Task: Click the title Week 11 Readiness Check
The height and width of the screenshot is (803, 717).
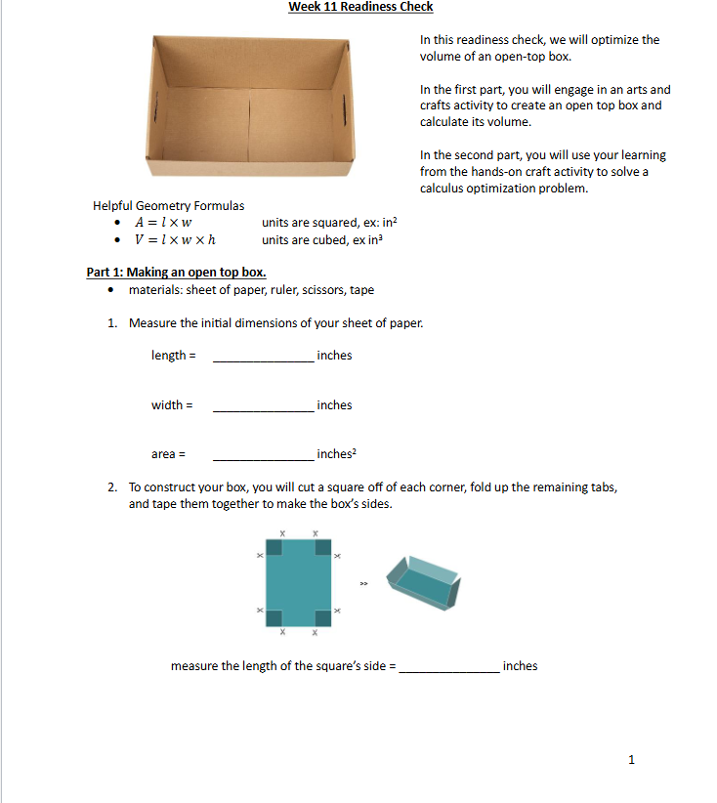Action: [x=360, y=7]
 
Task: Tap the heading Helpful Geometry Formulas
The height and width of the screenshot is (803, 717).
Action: [x=168, y=206]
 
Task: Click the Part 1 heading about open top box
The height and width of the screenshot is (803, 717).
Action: [x=176, y=273]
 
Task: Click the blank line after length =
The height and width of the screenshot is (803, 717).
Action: [x=263, y=358]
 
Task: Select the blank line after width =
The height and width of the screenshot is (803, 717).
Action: [x=263, y=407]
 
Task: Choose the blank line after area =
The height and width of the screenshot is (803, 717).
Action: [x=263, y=456]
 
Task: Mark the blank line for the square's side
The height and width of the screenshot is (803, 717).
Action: [x=449, y=668]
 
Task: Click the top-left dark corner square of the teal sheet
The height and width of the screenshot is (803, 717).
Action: [x=274, y=546]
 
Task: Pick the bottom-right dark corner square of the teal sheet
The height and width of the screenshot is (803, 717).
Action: [x=322, y=617]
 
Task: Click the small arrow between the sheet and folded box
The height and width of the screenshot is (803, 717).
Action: [x=363, y=584]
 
